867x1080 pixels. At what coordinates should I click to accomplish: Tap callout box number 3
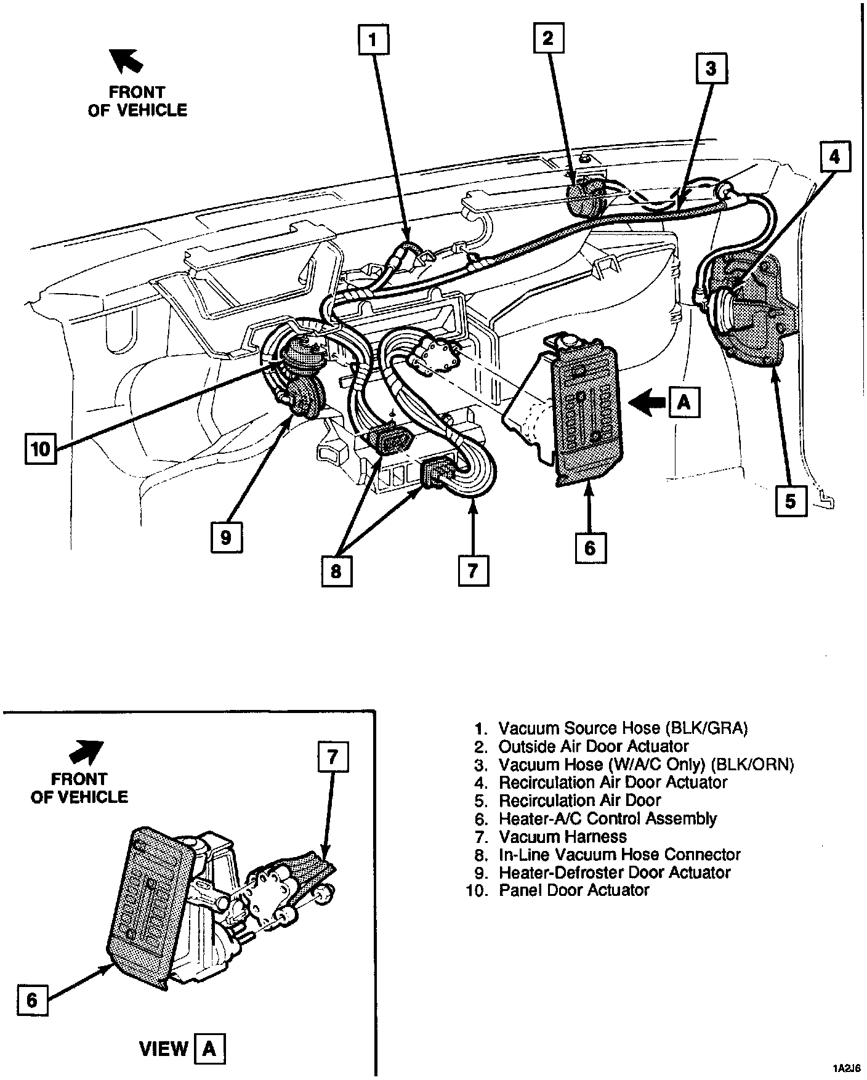coord(711,68)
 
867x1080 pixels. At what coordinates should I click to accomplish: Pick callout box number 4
coord(834,157)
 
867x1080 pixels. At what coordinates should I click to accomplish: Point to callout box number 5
coord(791,501)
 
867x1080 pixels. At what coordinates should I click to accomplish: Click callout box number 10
coord(41,448)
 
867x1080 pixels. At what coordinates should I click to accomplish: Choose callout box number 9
coord(225,537)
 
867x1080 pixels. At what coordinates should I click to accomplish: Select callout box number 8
coord(336,571)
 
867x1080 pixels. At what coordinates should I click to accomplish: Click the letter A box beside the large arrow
coord(684,403)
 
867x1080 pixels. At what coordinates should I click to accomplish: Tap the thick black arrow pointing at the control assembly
coord(648,403)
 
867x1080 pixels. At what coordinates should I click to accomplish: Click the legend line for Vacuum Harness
coord(562,837)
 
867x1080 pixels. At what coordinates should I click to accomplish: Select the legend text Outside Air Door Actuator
coord(593,746)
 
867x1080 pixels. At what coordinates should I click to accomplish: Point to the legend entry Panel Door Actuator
coord(573,890)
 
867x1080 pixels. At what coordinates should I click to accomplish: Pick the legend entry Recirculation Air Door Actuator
coord(613,783)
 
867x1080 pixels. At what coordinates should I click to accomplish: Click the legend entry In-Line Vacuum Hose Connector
coord(619,855)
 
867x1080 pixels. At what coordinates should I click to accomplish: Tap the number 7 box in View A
coord(333,757)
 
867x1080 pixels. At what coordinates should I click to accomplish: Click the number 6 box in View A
coord(32,1000)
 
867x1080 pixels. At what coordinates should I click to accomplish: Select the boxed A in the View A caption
coord(209,1048)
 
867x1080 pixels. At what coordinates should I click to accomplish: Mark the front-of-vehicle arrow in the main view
coord(126,61)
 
